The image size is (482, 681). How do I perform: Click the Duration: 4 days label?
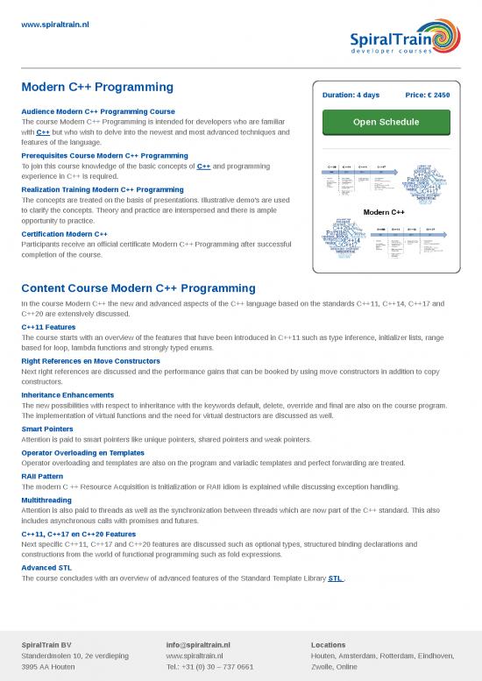pyautogui.click(x=351, y=95)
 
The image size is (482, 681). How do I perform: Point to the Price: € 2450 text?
pyautogui.click(x=428, y=95)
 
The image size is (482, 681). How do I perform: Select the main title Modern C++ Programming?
pyautogui.click(x=97, y=88)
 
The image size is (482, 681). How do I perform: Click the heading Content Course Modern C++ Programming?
pyautogui.click(x=138, y=287)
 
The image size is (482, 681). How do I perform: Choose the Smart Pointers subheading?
pyautogui.click(x=47, y=429)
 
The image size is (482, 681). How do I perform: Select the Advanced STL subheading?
pyautogui.click(x=46, y=567)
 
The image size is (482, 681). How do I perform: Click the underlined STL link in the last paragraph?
pyautogui.click(x=335, y=578)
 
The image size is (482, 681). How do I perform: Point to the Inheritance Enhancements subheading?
pyautogui.click(x=67, y=395)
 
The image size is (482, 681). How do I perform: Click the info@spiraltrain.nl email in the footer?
pyautogui.click(x=198, y=644)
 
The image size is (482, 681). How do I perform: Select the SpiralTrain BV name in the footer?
pyautogui.click(x=46, y=644)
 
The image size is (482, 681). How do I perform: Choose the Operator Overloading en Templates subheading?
pyautogui.click(x=82, y=452)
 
